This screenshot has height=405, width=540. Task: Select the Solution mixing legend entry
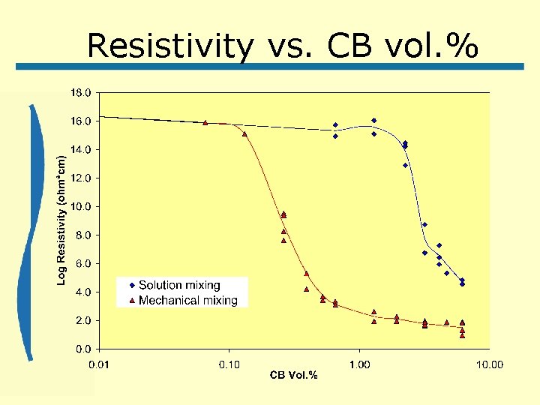(179, 285)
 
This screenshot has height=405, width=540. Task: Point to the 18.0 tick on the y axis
(80, 92)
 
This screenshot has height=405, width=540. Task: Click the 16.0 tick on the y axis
(80, 121)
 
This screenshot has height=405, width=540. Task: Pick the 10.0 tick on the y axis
(80, 206)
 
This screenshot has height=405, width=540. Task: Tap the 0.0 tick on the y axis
(82, 349)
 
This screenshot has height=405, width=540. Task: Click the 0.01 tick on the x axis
(100, 364)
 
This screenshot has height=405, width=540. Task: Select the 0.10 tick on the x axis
(229, 364)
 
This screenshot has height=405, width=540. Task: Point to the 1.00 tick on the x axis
(359, 364)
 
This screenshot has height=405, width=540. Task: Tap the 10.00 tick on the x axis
(489, 364)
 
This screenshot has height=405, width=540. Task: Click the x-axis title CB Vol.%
(294, 375)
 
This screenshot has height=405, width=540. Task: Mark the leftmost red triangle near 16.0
(205, 122)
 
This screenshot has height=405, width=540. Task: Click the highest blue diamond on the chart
(373, 120)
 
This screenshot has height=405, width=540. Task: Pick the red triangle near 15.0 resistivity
(244, 134)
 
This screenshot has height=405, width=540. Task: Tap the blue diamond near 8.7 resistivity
(424, 224)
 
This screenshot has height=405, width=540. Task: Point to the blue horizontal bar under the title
(270, 67)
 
